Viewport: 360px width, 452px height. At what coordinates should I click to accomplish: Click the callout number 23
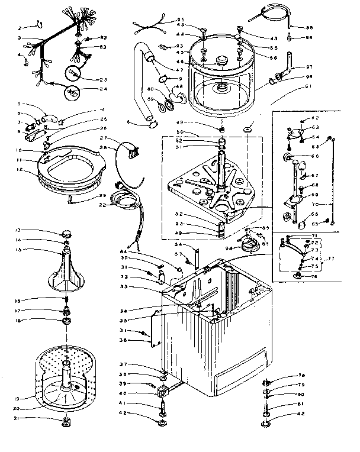104,79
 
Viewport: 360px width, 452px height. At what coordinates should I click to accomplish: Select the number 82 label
103,38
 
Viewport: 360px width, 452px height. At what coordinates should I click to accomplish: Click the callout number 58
309,27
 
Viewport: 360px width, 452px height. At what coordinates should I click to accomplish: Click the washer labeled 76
298,276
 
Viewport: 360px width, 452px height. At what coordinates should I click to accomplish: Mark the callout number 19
18,398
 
